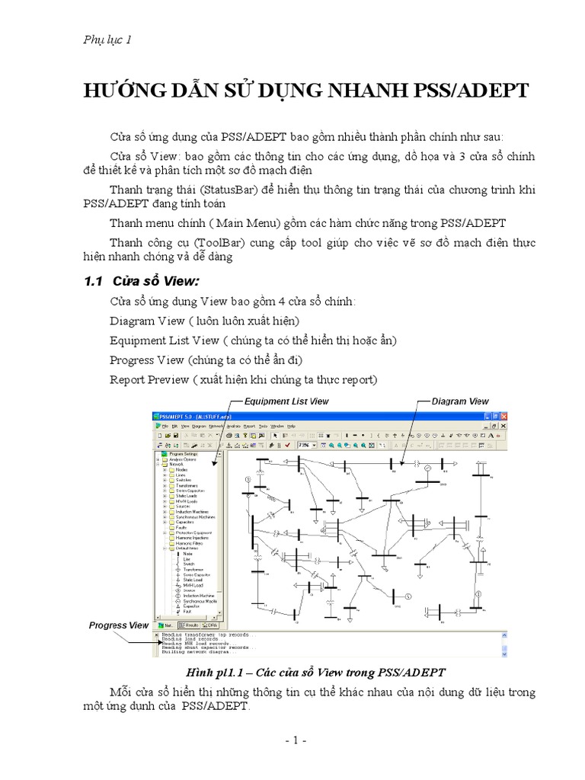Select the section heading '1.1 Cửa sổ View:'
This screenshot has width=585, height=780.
141,281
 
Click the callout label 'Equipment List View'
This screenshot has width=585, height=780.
286,401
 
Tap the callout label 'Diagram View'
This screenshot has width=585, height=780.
460,401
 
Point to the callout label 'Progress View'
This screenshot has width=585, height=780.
119,625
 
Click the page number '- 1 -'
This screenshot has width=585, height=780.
291,740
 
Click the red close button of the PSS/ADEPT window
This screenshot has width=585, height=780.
503,416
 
